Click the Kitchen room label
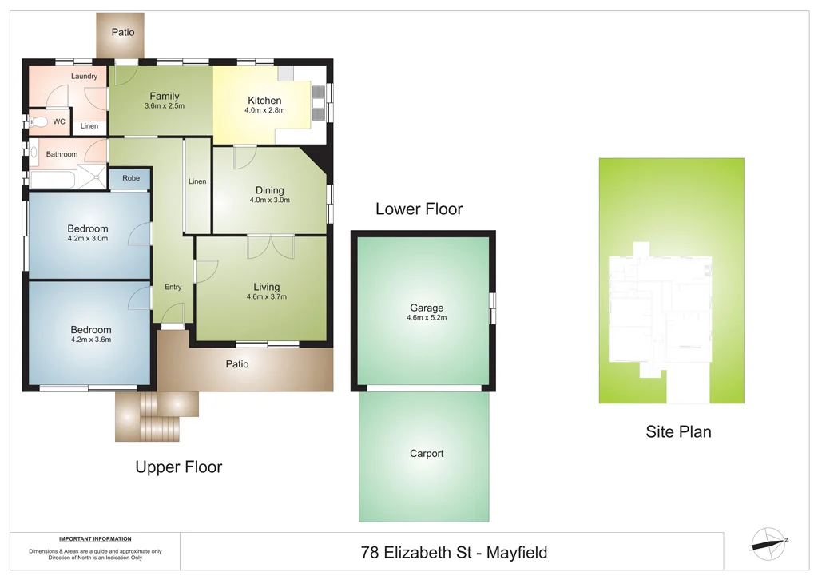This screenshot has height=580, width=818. [264, 100]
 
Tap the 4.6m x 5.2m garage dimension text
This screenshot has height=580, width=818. [427, 318]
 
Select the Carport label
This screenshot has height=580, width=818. [427, 454]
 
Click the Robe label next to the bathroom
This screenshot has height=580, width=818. [131, 178]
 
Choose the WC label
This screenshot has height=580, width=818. [59, 122]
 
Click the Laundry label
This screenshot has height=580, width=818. [84, 77]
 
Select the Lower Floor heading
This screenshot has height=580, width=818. [419, 209]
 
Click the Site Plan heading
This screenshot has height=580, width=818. [678, 432]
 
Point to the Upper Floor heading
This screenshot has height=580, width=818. [178, 467]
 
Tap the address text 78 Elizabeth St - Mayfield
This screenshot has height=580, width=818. [454, 552]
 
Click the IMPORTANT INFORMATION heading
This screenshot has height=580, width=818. [95, 538]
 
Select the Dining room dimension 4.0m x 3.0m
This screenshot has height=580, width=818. [269, 200]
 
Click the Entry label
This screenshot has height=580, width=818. [173, 287]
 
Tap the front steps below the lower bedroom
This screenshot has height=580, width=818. [156, 415]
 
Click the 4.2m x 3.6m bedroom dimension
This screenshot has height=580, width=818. [90, 340]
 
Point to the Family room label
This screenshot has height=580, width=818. [165, 96]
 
